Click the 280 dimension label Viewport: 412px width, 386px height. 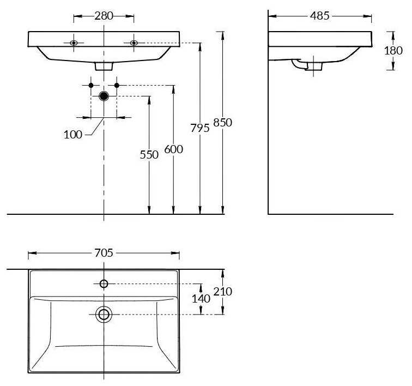pyautogui.click(x=104, y=16)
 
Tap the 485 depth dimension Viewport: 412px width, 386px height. pyautogui.click(x=319, y=16)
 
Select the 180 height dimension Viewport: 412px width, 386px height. pyautogui.click(x=393, y=51)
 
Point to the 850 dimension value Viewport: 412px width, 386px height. pyautogui.click(x=222, y=123)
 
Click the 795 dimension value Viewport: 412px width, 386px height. pyautogui.click(x=200, y=128)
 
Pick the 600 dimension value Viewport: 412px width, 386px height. pyautogui.click(x=173, y=149)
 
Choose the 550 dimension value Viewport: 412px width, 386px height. pyautogui.click(x=149, y=155)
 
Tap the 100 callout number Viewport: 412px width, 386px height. pyautogui.click(x=73, y=135)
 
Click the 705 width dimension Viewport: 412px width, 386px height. pyautogui.click(x=104, y=253)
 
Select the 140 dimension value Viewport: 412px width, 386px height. pyautogui.click(x=201, y=299)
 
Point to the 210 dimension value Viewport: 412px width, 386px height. pyautogui.click(x=222, y=291)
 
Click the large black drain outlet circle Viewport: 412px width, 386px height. pyautogui.click(x=104, y=96)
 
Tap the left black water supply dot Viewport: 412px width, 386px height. pyautogui.click(x=91, y=85)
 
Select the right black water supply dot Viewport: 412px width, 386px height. pyautogui.click(x=117, y=85)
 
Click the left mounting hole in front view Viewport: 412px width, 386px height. pyautogui.click(x=74, y=43)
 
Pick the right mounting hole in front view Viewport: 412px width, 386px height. pyautogui.click(x=134, y=43)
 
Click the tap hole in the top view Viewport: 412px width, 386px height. pyautogui.click(x=104, y=284)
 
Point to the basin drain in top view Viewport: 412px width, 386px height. pyautogui.click(x=104, y=315)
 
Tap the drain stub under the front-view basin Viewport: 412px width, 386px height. pyautogui.click(x=104, y=67)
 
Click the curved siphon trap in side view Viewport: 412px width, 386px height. pyautogui.click(x=299, y=64)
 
